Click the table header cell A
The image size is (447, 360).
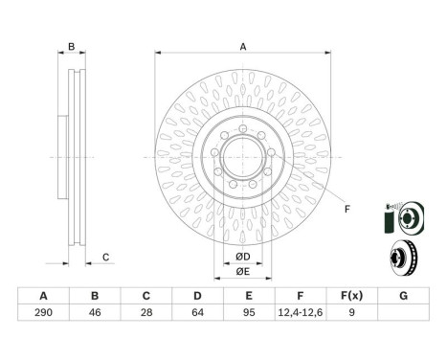(43, 296)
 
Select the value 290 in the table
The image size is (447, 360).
(43, 312)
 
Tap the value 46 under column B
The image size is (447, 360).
(95, 312)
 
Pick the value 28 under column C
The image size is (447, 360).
(146, 312)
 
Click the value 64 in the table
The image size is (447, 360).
(197, 312)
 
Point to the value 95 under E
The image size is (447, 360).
(249, 312)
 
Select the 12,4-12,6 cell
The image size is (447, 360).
(301, 312)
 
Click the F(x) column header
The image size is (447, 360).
(351, 296)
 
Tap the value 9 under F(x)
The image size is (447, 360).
(351, 312)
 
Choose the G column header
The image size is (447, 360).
(403, 296)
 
